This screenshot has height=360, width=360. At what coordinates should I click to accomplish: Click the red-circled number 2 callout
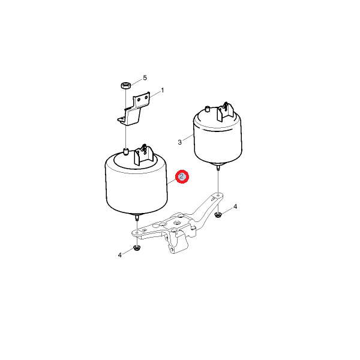tap(182, 176)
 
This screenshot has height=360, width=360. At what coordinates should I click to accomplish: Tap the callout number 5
tap(145, 78)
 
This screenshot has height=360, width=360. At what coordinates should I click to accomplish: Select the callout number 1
tap(163, 91)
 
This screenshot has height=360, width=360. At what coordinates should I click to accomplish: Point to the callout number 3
tap(179, 142)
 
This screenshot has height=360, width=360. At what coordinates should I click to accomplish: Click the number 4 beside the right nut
tap(235, 206)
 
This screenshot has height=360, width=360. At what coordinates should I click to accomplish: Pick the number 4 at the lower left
tap(120, 255)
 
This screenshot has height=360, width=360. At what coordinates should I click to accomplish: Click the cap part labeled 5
tap(125, 85)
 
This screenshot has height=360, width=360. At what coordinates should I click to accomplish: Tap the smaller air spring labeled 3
tap(218, 136)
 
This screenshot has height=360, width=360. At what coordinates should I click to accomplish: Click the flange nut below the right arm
tap(218, 215)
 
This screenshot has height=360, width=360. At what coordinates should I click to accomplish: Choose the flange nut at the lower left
tap(137, 248)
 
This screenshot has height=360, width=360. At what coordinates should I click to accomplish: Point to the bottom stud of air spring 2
tap(137, 217)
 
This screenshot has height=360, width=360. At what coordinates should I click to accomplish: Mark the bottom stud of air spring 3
tap(218, 167)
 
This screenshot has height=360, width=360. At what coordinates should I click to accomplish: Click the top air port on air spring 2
tap(125, 152)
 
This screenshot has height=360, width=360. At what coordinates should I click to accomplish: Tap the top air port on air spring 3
tap(208, 109)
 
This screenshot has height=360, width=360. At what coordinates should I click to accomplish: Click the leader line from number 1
tap(155, 94)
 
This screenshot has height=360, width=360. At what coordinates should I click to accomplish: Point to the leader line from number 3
tap(188, 137)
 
